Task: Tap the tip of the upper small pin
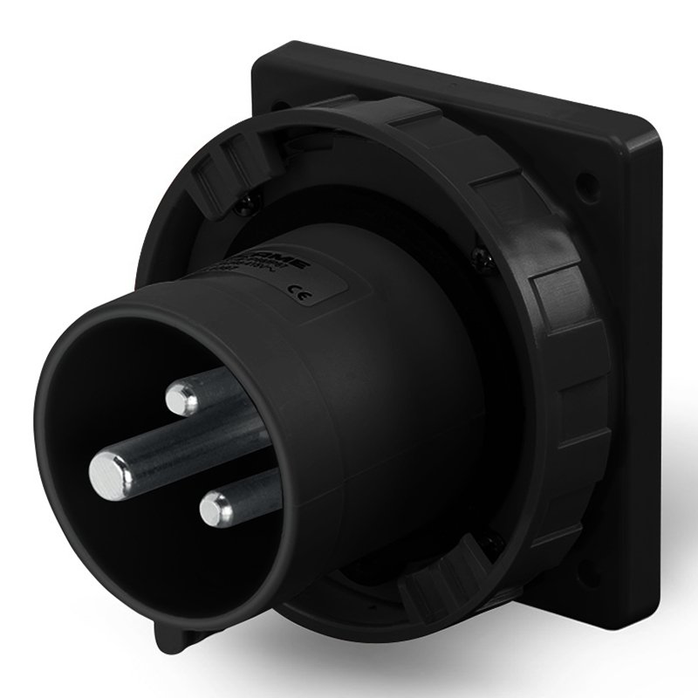(x=180, y=399)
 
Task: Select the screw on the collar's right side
(x=476, y=254)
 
